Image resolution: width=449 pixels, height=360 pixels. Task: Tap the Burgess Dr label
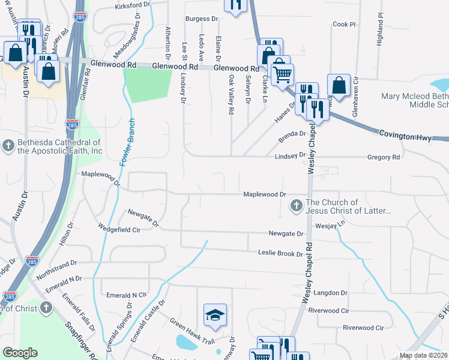point(201,19)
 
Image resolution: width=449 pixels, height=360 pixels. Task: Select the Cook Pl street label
point(344,25)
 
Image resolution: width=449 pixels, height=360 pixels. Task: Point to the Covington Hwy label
point(405,137)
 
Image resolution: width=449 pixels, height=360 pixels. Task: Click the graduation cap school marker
point(215,315)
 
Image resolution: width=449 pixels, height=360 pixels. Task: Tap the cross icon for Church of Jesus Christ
point(295,207)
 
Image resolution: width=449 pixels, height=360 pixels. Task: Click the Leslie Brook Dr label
point(280,254)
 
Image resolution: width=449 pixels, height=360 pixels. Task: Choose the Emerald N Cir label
point(126,295)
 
